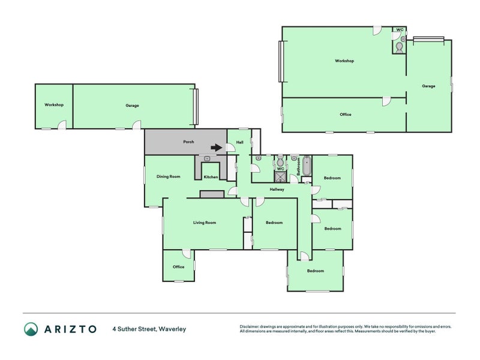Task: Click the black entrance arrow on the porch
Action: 217,148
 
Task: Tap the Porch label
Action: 188,142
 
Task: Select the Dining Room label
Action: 169,176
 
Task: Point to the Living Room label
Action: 205,223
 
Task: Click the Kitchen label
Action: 211,177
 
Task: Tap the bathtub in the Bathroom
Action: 307,166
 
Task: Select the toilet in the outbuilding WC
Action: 400,47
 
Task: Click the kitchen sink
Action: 207,158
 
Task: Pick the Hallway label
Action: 277,190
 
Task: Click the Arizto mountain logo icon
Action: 31,329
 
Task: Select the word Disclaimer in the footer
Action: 250,326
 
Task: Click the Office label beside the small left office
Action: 178,267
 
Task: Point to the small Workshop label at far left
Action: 54,104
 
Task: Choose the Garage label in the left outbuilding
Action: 132,106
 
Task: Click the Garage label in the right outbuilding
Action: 428,86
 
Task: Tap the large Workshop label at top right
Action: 344,61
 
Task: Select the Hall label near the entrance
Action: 240,142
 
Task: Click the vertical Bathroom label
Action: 298,167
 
